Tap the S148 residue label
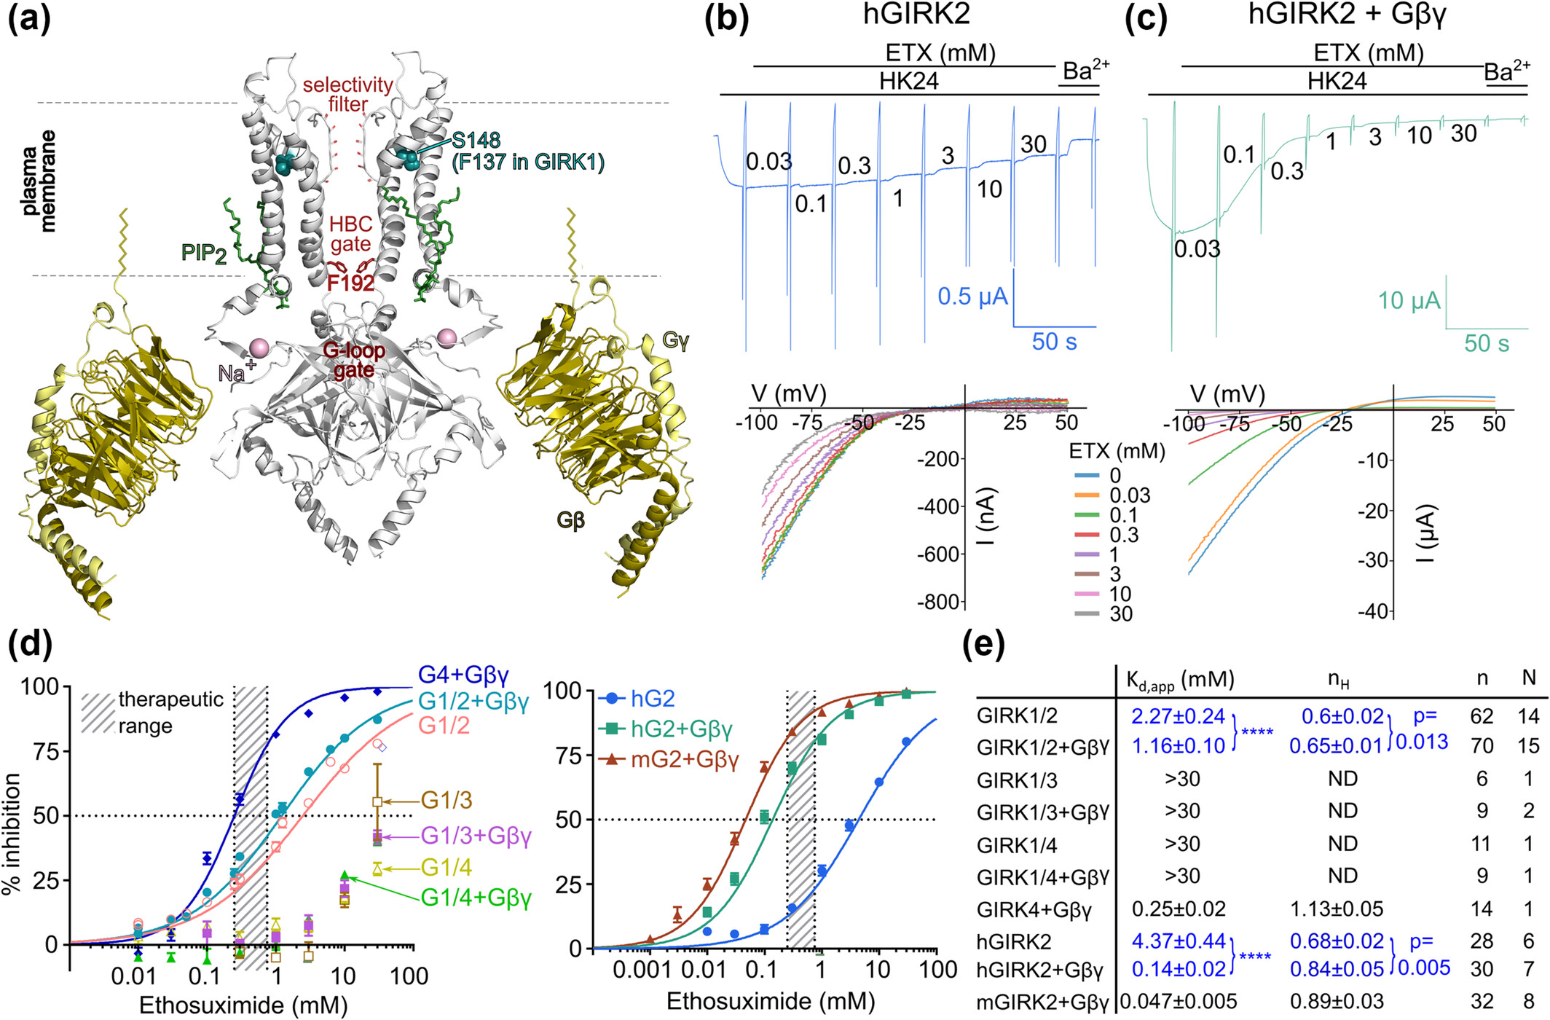tap(475, 141)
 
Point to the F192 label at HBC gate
tap(350, 283)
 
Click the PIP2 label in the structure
tap(203, 254)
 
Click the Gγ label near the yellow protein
tap(675, 340)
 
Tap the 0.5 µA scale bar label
tap(972, 297)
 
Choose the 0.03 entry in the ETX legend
tap(1129, 496)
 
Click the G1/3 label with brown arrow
tap(446, 801)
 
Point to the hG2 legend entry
tap(652, 699)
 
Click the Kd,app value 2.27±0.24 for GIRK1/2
tap(1178, 716)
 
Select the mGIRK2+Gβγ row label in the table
tap(1042, 1003)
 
